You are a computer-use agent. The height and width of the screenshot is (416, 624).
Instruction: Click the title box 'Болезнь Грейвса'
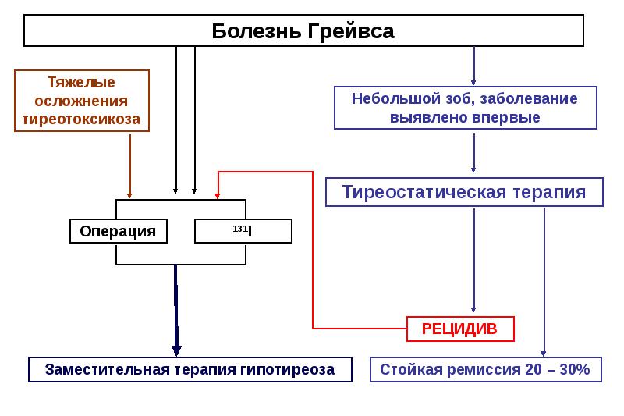pos(303,31)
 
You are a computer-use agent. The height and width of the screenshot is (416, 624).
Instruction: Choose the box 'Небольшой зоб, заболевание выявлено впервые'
pos(465,108)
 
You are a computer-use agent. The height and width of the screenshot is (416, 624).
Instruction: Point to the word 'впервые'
pos(508,118)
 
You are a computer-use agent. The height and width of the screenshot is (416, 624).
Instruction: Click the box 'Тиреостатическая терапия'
pos(464,192)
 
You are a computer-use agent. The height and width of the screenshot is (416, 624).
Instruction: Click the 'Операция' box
pos(118,231)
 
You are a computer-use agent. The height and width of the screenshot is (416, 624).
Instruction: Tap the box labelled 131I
pos(243,231)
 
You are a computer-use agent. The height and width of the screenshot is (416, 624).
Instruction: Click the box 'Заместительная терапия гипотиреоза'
pos(190,369)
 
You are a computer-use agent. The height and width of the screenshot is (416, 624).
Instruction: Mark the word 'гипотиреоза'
pos(292,369)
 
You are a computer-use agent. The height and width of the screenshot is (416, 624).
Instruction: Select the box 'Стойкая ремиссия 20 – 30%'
pos(485,369)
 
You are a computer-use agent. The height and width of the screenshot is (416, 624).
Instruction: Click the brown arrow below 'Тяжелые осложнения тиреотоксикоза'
pos(129,164)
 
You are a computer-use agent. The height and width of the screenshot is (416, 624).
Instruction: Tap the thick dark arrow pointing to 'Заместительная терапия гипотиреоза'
pos(176,312)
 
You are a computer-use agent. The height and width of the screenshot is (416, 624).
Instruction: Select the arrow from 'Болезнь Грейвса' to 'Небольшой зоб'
pos(473,66)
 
